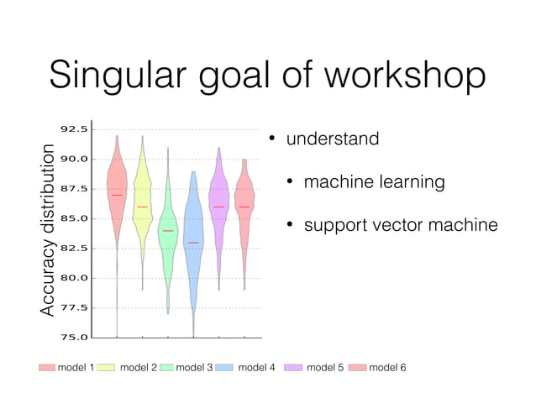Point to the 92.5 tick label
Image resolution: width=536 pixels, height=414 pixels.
[74, 129]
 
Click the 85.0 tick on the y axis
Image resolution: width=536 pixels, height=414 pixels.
[74, 218]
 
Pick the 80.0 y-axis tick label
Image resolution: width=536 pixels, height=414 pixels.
[74, 278]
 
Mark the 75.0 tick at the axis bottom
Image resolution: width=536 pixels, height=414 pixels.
[74, 338]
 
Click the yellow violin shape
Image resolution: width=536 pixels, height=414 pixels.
[142, 202]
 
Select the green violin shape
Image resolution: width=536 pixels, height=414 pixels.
[168, 235]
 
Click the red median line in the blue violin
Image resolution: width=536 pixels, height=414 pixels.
[193, 243]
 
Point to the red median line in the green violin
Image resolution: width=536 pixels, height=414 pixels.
[168, 230]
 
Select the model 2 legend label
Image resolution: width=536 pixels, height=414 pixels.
[139, 367]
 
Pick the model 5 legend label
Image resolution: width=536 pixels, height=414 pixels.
[325, 367]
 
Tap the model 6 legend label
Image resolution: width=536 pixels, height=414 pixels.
[387, 367]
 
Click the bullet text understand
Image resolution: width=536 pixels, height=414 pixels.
[333, 139]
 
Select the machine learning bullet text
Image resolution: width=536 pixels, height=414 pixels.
[374, 182]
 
